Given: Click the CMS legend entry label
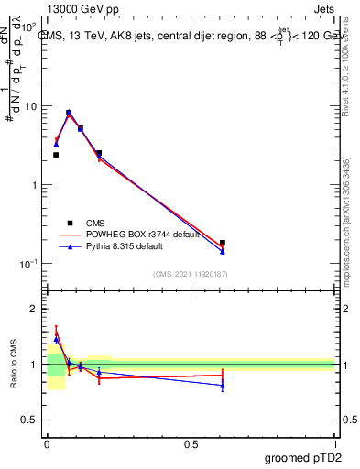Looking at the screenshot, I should click(95, 223).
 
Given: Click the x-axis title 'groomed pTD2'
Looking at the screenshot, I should click(304, 456).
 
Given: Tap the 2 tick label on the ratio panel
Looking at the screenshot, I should click(34, 309).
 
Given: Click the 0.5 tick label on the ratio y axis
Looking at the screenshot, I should click(30, 420).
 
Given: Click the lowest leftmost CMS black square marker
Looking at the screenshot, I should click(56, 155).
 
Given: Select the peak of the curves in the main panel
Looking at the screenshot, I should click(69, 114).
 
